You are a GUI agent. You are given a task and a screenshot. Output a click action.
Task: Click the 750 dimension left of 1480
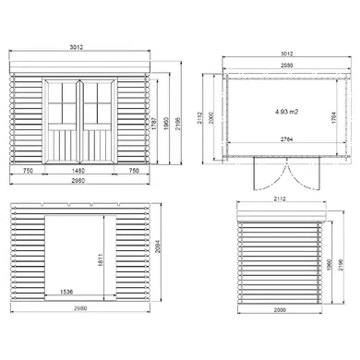[29, 170]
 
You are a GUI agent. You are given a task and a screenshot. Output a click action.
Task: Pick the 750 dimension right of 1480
[135, 170]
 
